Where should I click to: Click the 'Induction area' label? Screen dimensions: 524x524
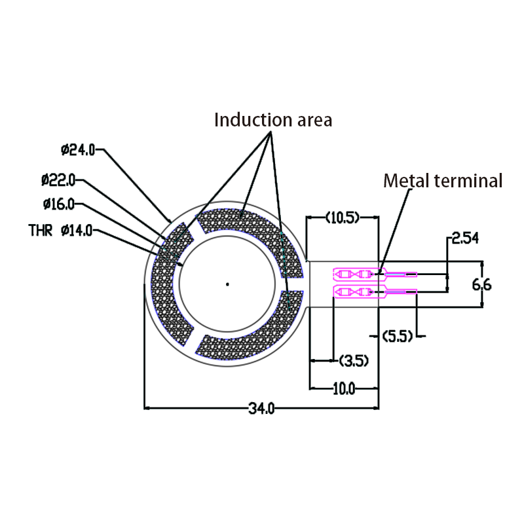pyautogui.click(x=273, y=120)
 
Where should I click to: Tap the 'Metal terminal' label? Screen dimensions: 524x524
pyautogui.click(x=443, y=181)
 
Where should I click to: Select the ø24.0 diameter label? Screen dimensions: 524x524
pyautogui.click(x=79, y=150)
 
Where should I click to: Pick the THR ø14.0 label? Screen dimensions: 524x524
pyautogui.click(x=61, y=230)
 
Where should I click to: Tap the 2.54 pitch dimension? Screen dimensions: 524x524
pyautogui.click(x=465, y=238)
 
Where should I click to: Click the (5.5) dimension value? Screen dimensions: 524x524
pyautogui.click(x=397, y=337)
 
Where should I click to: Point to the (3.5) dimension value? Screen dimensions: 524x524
pyautogui.click(x=354, y=360)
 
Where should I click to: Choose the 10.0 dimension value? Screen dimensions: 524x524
pyautogui.click(x=344, y=389)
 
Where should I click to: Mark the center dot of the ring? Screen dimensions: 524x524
pyautogui.click(x=227, y=284)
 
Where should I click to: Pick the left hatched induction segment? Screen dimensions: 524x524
pyautogui.click(x=164, y=288)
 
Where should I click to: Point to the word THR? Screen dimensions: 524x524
pyautogui.click(x=41, y=230)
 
